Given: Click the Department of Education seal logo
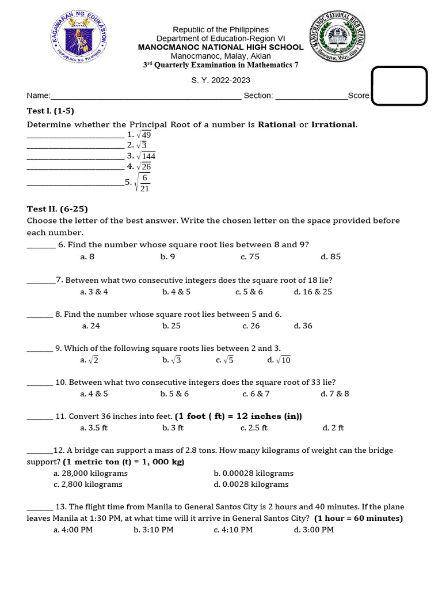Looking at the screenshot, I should click(x=78, y=37).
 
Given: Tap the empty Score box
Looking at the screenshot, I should click(x=399, y=86).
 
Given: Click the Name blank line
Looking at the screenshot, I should click(x=146, y=96).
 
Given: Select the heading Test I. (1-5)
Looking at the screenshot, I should click(x=51, y=111).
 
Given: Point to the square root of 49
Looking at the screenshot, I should click(x=144, y=134).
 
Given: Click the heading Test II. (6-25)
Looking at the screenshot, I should click(x=57, y=209).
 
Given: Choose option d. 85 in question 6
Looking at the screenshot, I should click(x=331, y=257).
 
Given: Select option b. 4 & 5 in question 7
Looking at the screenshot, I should click(x=176, y=292).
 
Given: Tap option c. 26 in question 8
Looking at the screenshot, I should click(x=251, y=326).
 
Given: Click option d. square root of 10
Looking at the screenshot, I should click(x=279, y=360).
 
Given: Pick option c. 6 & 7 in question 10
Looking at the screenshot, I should click(x=256, y=394).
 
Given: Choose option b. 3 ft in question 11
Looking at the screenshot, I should click(x=173, y=428).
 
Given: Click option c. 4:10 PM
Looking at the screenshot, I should click(x=233, y=530).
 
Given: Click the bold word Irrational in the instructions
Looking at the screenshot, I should click(x=334, y=124).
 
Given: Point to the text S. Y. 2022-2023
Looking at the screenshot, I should click(x=221, y=81).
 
